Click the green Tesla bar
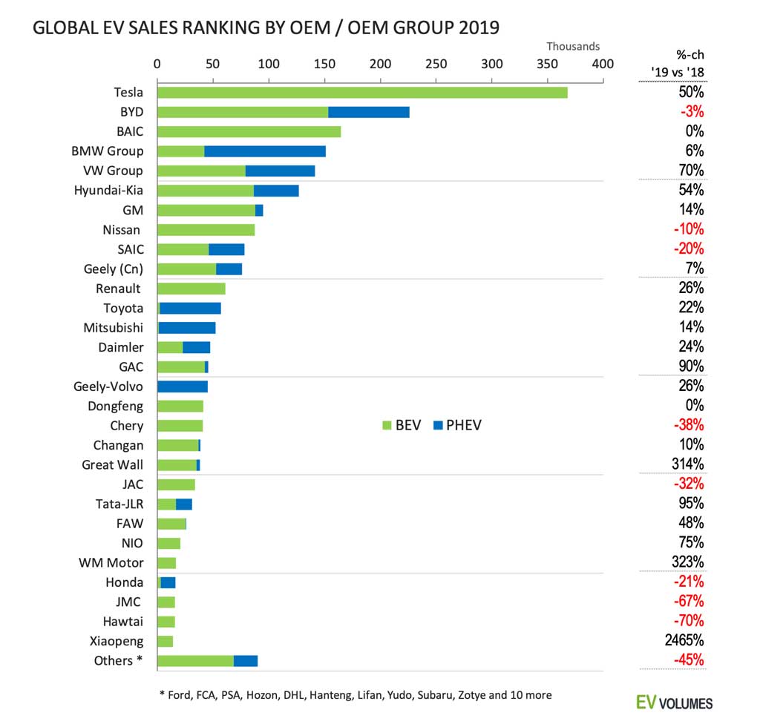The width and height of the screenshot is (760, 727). pos(362,93)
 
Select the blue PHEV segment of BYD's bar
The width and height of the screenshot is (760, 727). pos(369,112)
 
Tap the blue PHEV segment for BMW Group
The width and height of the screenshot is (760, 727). pos(265,151)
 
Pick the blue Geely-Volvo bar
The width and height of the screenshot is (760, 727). pos(183,386)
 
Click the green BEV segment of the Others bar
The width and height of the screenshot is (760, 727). pos(196,661)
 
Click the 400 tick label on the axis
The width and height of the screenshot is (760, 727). pos(603,64)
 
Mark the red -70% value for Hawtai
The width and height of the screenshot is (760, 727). pos(689,621)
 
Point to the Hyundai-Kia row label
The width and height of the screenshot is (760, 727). pos(108,191)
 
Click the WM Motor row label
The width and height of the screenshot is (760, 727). pos(111,562)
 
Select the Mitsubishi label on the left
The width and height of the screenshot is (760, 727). pos(114,328)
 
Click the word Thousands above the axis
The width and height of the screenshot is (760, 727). pos(573,47)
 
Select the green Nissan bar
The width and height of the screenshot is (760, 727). pos(206,230)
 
